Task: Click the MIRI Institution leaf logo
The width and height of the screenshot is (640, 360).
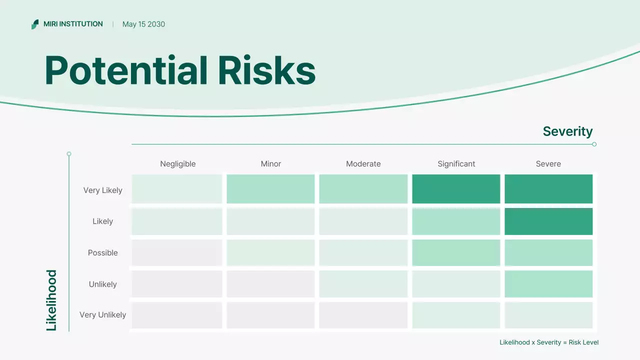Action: coord(35,24)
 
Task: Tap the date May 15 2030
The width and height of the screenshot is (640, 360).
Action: coord(143,24)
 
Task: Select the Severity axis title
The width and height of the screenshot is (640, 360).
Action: coord(567,131)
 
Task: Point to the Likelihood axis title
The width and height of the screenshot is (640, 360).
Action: coord(51,300)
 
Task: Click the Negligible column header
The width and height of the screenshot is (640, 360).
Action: coord(178,164)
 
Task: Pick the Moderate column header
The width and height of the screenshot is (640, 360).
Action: coord(363,164)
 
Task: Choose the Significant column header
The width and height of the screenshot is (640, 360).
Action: coord(456,164)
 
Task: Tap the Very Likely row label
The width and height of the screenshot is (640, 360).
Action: coord(103,190)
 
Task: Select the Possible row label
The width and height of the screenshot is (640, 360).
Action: coord(103,252)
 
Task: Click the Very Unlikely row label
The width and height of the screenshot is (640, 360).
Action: coord(103,315)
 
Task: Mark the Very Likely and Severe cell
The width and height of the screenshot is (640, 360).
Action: coord(548,189)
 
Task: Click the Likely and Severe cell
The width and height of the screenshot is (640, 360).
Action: coord(548,221)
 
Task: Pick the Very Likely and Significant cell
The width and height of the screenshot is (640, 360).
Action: coord(456,189)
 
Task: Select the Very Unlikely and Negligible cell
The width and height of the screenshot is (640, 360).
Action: coord(177,315)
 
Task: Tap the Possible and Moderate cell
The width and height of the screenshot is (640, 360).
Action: coord(363,252)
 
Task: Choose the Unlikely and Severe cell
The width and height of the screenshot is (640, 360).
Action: coord(548,283)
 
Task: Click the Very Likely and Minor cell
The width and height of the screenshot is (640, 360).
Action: coord(270,189)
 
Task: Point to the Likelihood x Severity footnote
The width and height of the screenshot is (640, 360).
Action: coord(549,342)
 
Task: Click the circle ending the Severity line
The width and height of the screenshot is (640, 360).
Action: coord(594,144)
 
